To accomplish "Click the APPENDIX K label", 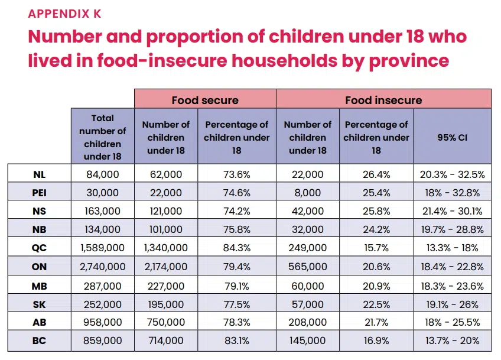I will coord(65,14).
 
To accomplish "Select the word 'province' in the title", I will coord(405,60).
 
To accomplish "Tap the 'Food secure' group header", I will coord(205,100).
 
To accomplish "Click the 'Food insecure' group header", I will coord(383,100).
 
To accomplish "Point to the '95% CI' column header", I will coord(452,137).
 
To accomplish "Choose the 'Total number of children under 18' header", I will coord(103,137).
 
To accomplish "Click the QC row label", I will coord(39,248).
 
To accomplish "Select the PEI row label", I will coord(39,193).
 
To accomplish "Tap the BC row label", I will coord(39,341).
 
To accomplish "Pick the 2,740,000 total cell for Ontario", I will coord(103,267).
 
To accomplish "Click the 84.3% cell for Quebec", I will coord(236,248).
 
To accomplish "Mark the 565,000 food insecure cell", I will coord(307,267).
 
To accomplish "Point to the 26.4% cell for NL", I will coord(376,174).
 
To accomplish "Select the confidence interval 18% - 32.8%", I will coord(452,193).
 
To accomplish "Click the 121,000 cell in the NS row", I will coord(165,211).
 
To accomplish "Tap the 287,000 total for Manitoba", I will coord(103,286).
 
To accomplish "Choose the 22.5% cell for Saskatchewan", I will coord(376,304).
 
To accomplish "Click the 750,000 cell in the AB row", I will coord(165,323).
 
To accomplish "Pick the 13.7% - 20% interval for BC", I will coord(452,341).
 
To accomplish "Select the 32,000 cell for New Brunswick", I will coord(307,230).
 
